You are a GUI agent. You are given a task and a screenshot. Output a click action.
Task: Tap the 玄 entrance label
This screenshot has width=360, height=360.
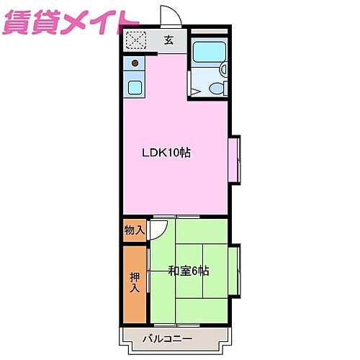168,41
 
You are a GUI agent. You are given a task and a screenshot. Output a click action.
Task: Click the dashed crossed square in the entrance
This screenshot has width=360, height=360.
135,41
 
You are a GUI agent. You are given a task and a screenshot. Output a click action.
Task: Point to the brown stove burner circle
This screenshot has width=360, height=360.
134,63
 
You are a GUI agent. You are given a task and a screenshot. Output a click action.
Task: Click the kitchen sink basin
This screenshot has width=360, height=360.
135,87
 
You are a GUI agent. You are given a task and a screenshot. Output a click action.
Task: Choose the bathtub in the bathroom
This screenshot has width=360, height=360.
210,50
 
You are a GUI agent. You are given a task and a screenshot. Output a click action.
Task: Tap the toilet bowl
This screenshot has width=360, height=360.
215,88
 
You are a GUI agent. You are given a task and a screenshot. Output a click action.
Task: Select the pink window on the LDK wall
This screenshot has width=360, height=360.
235,159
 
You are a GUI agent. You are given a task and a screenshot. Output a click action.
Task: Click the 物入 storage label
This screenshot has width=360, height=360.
134,230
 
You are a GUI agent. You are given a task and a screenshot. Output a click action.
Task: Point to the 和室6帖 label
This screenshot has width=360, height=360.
189,271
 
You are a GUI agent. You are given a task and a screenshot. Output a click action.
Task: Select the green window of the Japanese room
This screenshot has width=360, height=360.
235,271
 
